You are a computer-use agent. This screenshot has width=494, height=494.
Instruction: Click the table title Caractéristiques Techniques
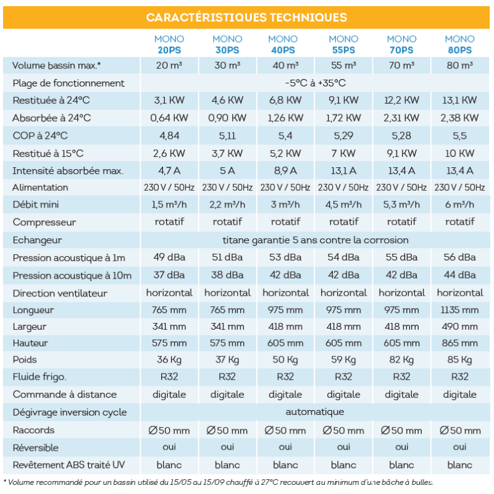[246, 17]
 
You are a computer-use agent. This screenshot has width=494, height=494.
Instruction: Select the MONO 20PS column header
[169, 44]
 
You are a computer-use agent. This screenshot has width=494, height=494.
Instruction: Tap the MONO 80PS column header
[459, 44]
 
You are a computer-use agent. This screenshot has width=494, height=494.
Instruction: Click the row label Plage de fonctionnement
[69, 83]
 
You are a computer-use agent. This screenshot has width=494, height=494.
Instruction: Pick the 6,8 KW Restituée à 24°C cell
[285, 100]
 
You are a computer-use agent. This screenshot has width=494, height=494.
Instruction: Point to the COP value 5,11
[227, 135]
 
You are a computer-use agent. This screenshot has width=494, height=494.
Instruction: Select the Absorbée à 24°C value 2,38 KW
[459, 117]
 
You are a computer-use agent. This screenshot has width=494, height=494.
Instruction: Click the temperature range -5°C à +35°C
[315, 83]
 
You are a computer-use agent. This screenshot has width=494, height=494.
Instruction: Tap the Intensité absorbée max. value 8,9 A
[285, 170]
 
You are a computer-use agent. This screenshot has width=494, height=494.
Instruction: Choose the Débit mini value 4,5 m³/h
[343, 204]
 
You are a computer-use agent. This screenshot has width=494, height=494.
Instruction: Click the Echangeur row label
[38, 240]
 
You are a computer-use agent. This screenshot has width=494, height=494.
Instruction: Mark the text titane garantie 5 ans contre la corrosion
[315, 240]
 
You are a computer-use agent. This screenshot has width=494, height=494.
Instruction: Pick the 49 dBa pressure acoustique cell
[169, 257]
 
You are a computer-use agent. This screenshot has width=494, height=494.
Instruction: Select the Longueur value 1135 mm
[459, 309]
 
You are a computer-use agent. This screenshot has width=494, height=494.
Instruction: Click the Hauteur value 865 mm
[459, 343]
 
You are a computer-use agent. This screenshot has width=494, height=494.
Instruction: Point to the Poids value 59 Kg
[343, 359]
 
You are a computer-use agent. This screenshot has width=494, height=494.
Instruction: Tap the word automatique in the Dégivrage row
[315, 412]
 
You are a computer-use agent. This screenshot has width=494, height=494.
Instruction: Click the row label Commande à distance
[64, 394]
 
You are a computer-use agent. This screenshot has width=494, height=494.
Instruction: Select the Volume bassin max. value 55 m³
[343, 65]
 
